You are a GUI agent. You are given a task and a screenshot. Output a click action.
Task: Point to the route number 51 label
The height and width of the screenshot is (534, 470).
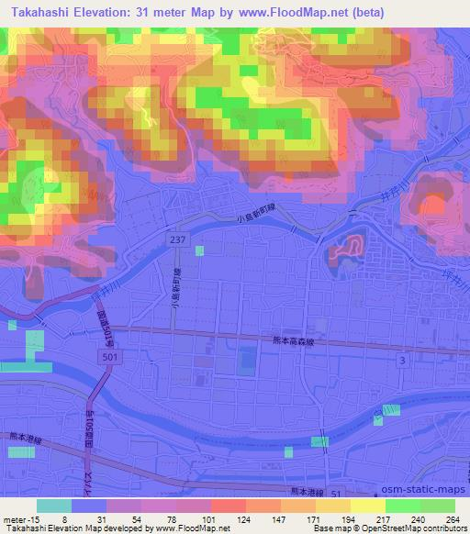tap(336, 495)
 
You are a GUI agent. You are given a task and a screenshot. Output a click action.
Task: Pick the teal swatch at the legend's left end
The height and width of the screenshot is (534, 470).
tap(55, 506)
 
